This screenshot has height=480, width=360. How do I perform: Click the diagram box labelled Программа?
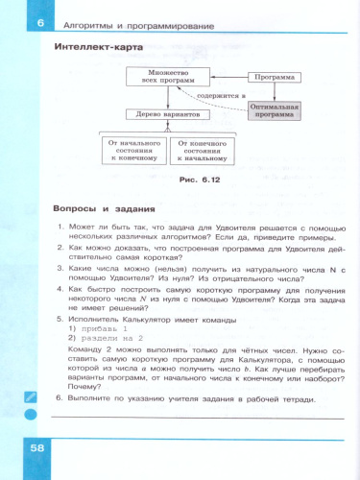273,76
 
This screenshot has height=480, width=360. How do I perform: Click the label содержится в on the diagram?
219,96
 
